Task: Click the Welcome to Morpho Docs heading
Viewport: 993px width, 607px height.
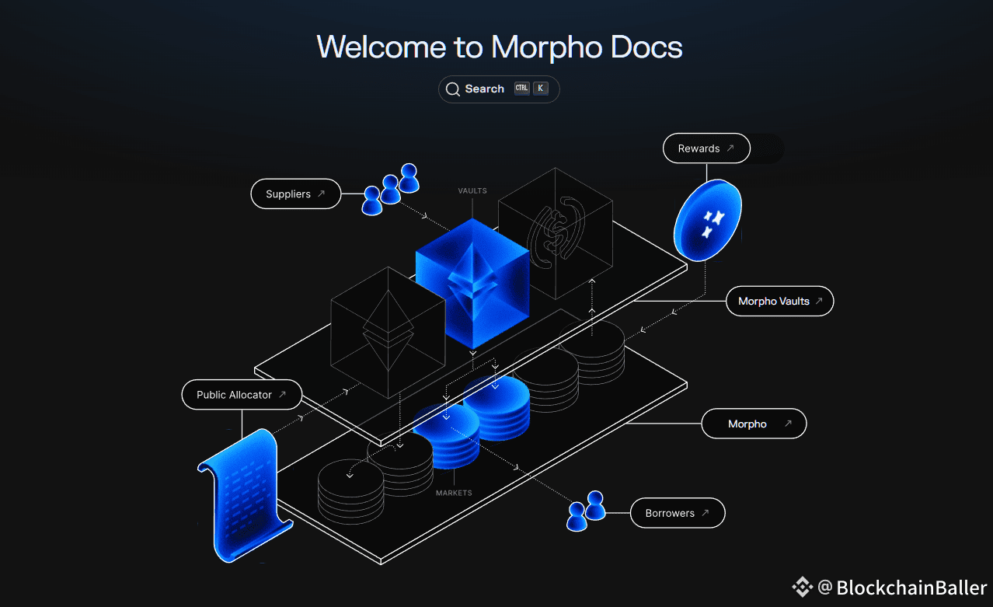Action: tap(499, 47)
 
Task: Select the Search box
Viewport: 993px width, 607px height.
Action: tap(499, 89)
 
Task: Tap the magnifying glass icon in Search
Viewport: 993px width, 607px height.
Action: tap(452, 89)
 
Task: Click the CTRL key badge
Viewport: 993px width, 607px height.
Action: tap(521, 89)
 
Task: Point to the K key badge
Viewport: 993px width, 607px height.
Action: tap(540, 89)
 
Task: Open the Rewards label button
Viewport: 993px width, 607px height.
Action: tap(706, 148)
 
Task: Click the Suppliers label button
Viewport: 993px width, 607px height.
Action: tap(295, 194)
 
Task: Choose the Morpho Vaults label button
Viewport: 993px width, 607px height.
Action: tap(779, 302)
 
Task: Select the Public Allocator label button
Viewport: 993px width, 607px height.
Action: tap(241, 395)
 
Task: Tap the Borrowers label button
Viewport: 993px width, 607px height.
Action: tap(677, 514)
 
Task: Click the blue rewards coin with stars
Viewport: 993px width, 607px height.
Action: tap(707, 220)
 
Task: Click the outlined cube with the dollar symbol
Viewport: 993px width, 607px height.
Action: tap(555, 232)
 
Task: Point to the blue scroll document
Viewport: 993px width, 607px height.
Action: tap(246, 494)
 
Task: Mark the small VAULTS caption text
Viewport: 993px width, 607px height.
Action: tap(472, 190)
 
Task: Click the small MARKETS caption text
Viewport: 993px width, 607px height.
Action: tap(454, 493)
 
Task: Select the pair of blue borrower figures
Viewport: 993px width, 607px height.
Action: tap(587, 511)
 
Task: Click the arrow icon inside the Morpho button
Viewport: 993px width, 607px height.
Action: tap(788, 424)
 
